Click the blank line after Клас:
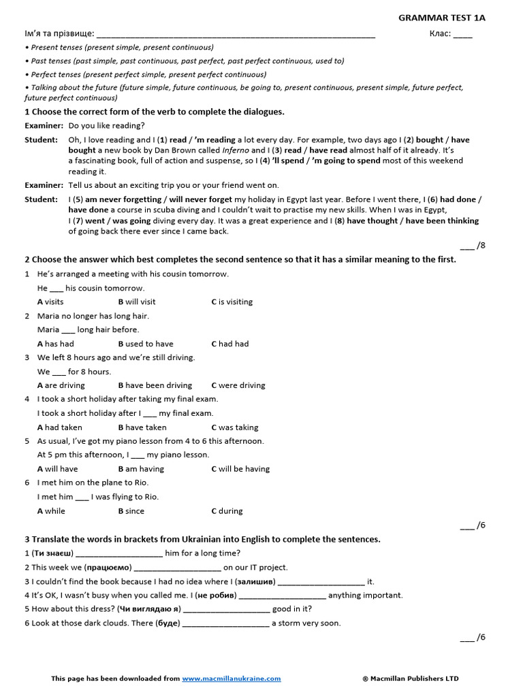pos(462,34)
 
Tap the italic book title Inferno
pos(236,150)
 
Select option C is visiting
pos(232,302)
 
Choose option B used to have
pos(146,344)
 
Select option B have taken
pos(142,427)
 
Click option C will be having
pos(240,469)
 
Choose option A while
pos(52,511)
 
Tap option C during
pos(227,511)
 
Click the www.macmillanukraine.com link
pos(232,679)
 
